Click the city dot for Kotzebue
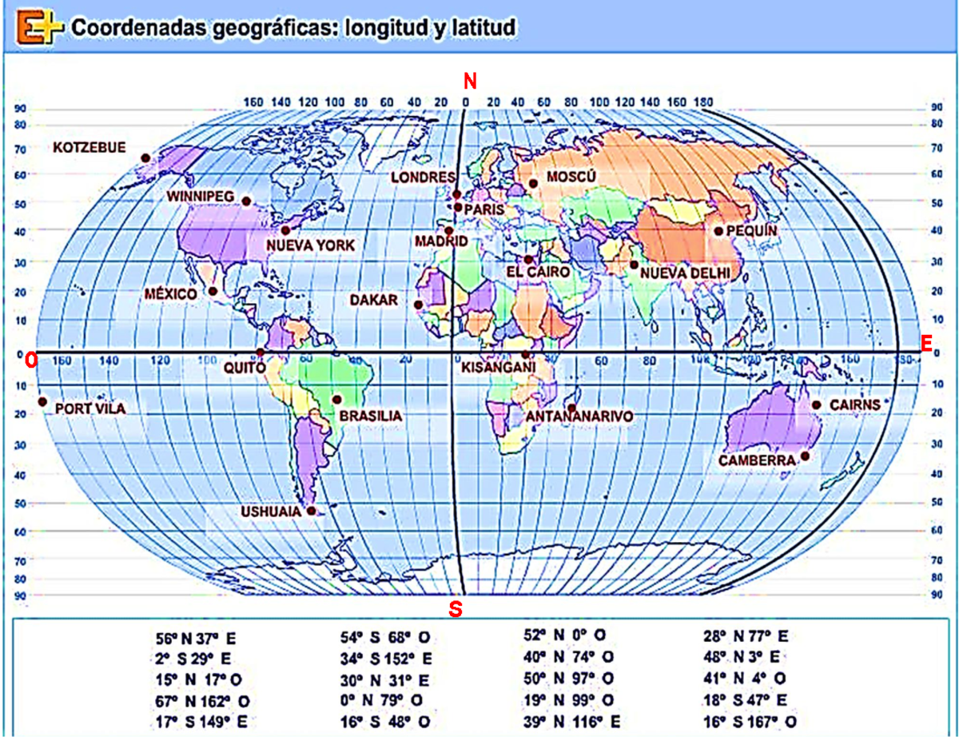145,158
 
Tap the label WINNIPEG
199,196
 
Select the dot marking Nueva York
285,230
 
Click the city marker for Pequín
718,232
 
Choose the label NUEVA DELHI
686,273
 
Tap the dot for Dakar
418,305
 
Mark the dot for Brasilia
336,399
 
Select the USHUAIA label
273,512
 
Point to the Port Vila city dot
42,402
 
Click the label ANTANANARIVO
579,417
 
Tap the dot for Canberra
805,456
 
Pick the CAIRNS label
854,404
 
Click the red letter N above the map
470,81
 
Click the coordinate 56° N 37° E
197,639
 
